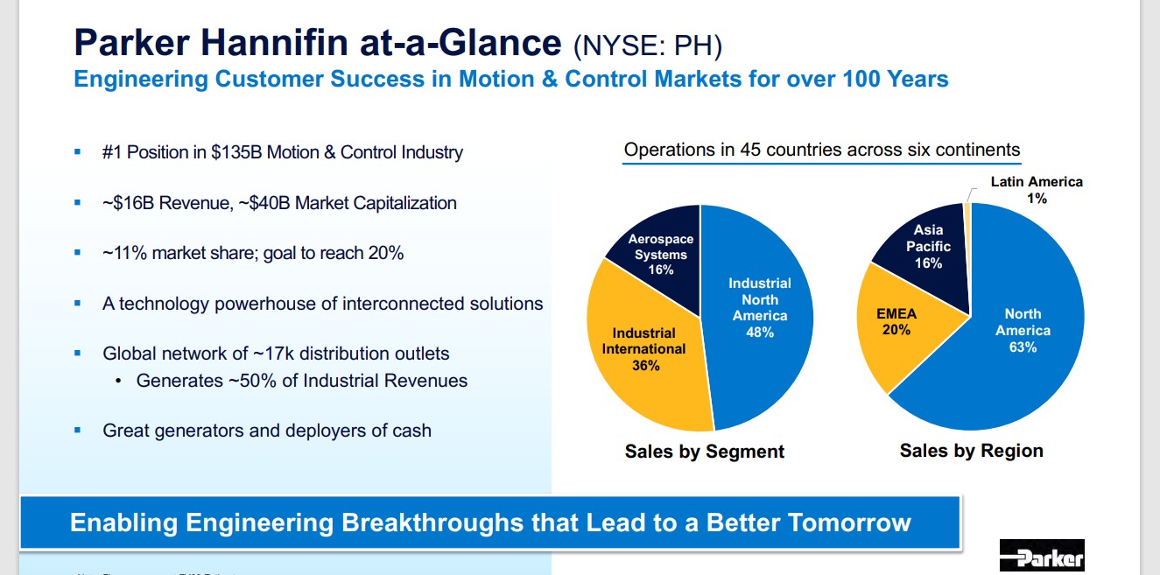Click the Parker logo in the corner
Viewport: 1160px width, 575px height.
(x=1042, y=556)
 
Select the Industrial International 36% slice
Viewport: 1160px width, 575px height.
(x=643, y=350)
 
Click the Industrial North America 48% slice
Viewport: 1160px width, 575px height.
(x=760, y=308)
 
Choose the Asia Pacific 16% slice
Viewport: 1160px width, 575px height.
(x=928, y=247)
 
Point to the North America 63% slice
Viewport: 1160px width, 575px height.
(x=1023, y=331)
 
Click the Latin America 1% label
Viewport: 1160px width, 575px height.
(x=1037, y=190)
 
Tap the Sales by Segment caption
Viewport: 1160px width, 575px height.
(x=705, y=452)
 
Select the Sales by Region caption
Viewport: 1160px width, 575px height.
(x=972, y=451)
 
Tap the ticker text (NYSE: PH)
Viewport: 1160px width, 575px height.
(x=648, y=43)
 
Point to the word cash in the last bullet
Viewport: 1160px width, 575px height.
(x=411, y=431)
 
